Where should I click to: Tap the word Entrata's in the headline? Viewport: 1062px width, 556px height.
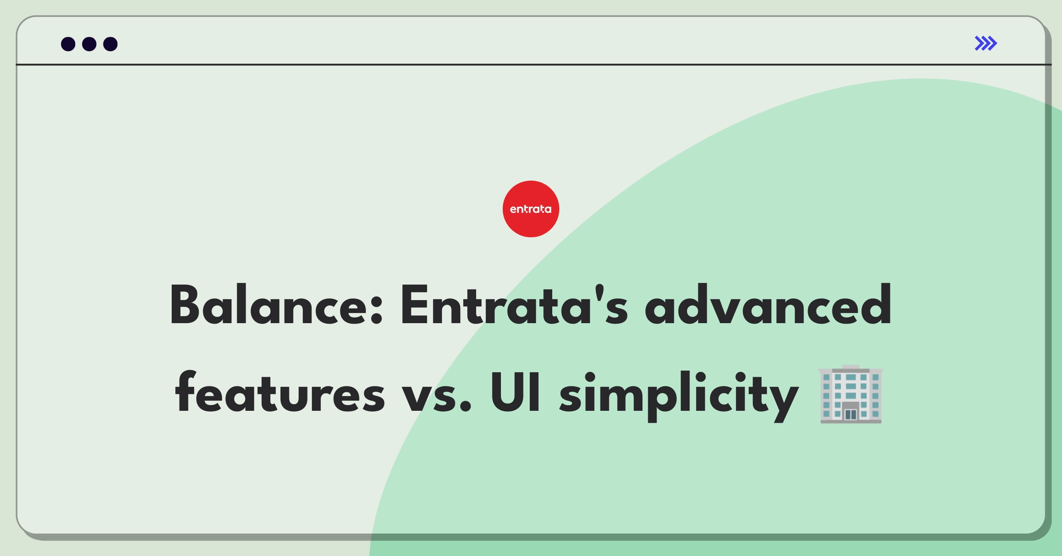pyautogui.click(x=513, y=306)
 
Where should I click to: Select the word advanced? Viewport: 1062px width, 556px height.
pyautogui.click(x=768, y=306)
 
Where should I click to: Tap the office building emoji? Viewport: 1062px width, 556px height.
pyautogui.click(x=850, y=394)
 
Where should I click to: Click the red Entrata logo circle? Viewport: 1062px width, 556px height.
pyautogui.click(x=531, y=208)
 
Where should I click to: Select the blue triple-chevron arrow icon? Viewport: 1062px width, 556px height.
pyautogui.click(x=985, y=43)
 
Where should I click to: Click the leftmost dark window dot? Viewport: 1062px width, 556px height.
pyautogui.click(x=68, y=44)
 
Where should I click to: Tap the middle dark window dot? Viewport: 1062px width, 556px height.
pyautogui.click(x=89, y=44)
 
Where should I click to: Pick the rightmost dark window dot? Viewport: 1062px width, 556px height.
pyautogui.click(x=110, y=44)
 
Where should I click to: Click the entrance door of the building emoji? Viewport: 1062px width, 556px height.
pyautogui.click(x=850, y=414)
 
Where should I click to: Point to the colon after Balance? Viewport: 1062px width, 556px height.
pyautogui.click(x=377, y=308)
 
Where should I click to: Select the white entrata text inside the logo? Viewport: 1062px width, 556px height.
pyautogui.click(x=531, y=209)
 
